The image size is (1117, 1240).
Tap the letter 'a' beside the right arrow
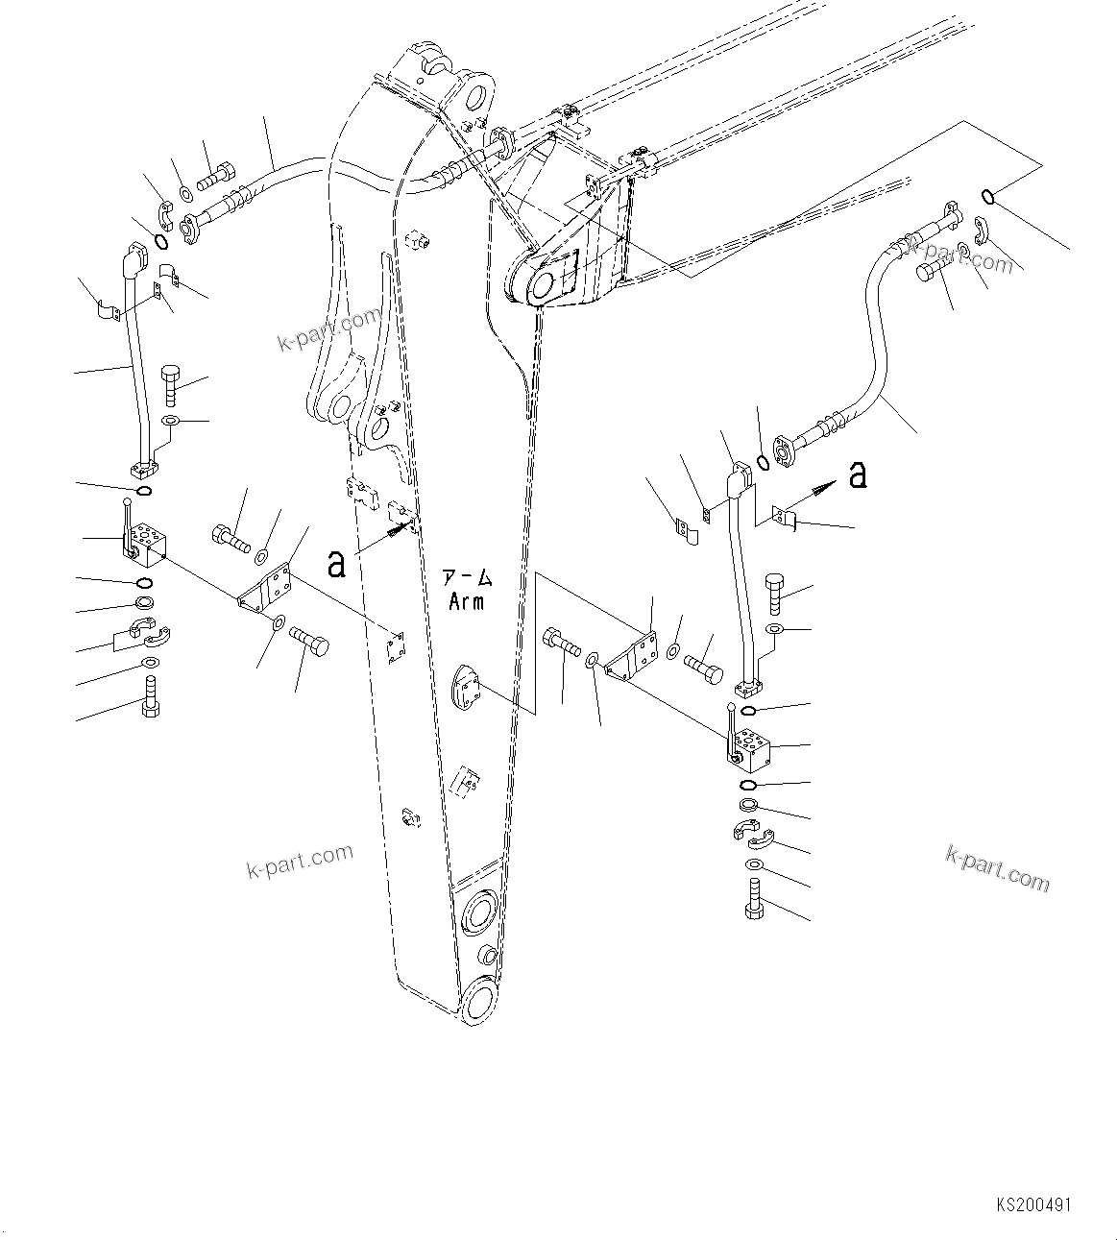(x=859, y=474)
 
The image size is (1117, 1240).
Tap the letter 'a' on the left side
(x=336, y=563)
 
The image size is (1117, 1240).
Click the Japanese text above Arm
(x=466, y=578)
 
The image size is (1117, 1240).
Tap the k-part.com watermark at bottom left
(x=300, y=861)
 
